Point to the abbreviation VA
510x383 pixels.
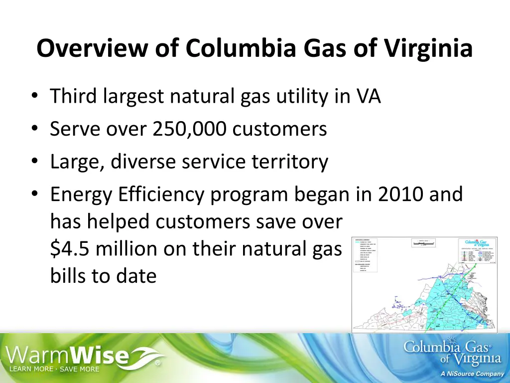pos(368,96)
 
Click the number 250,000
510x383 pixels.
pos(189,129)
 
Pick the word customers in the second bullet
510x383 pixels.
pos(279,129)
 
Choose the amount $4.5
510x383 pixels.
pos(70,248)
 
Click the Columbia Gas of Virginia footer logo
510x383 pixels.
pos(452,352)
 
